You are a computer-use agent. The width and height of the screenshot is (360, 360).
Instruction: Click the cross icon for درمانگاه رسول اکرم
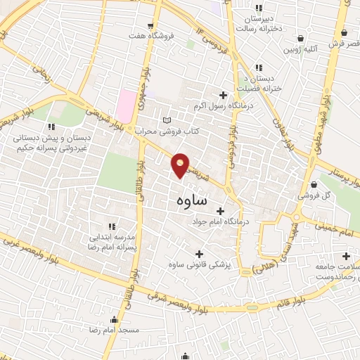(x=224, y=95)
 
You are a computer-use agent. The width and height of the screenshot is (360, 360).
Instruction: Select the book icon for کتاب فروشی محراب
(x=167, y=120)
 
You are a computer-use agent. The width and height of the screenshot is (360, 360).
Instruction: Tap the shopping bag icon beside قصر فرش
(x=344, y=32)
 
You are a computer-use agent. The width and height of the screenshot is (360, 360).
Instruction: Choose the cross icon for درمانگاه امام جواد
(x=220, y=210)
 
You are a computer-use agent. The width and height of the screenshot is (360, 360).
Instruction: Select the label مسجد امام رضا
(x=115, y=329)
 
